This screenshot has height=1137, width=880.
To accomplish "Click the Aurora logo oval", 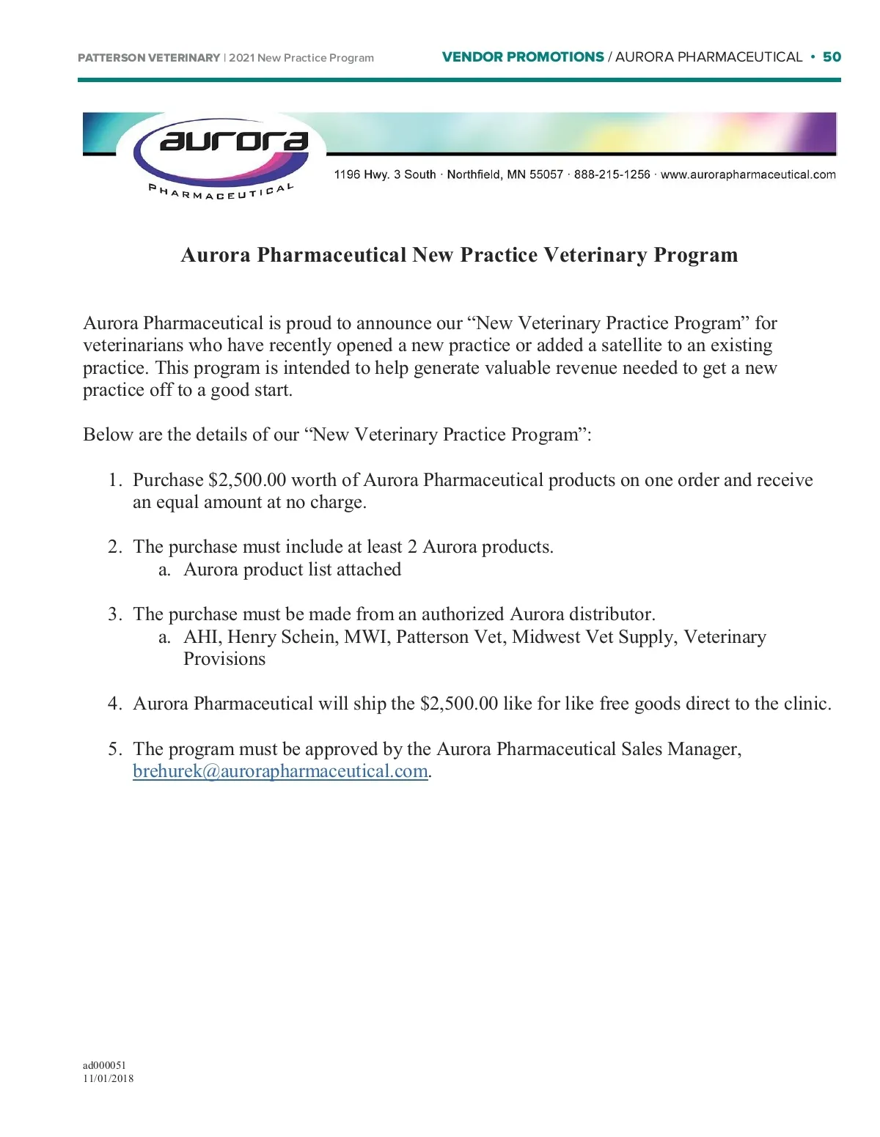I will click(221, 150).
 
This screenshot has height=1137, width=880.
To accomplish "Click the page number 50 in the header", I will click(832, 57).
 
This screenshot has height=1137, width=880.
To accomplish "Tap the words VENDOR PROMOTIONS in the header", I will click(523, 57).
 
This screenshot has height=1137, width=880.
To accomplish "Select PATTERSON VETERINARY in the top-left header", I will click(149, 58).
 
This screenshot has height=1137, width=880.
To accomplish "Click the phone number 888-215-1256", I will click(612, 174).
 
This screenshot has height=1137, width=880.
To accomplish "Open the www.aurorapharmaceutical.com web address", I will click(748, 174).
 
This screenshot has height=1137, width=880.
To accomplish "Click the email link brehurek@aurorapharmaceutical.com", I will click(280, 771).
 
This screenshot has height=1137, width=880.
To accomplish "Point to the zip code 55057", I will click(546, 174).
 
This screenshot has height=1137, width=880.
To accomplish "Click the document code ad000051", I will click(104, 1065).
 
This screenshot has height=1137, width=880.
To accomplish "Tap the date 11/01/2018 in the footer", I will click(108, 1078).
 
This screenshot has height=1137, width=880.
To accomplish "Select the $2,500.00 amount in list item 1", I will click(247, 480).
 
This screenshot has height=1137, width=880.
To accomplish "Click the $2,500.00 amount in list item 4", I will click(459, 704).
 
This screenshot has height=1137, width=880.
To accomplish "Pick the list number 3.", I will click(114, 614).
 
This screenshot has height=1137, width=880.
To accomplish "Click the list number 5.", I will click(114, 749).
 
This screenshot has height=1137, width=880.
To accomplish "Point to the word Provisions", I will click(224, 659).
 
